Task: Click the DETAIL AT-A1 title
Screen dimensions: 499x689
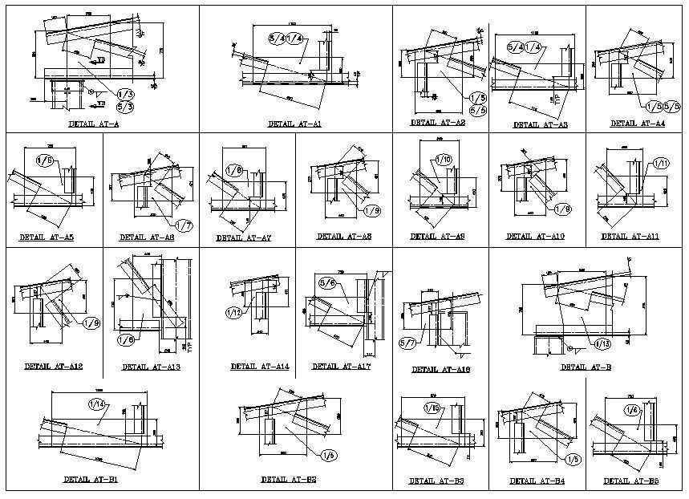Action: point(294,124)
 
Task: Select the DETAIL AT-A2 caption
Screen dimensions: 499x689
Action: point(437,123)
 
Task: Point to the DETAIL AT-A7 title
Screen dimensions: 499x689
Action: point(243,237)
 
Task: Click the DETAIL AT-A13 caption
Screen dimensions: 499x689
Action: point(151,367)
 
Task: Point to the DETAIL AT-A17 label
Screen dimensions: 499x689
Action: point(341,367)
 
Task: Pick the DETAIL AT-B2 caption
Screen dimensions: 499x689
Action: point(288,479)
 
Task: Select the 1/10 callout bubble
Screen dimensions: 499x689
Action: point(444,160)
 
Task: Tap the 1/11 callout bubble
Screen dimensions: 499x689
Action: point(661,164)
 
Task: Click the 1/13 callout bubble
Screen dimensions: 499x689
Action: point(602,343)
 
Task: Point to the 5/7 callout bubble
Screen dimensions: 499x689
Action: point(408,344)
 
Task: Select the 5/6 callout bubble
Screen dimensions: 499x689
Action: point(327,282)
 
